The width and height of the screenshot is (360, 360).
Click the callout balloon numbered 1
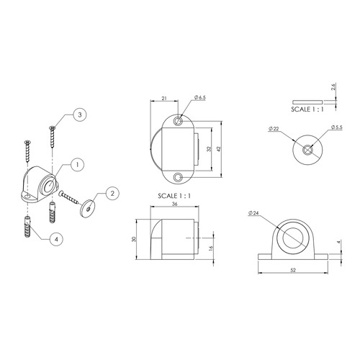tap(77, 165)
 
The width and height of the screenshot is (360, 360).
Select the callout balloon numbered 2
tap(112, 193)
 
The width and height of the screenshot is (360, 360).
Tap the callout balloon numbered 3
tap(80, 114)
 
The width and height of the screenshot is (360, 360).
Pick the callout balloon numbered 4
tap(56, 239)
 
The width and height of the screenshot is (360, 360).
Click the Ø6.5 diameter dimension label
tap(200, 97)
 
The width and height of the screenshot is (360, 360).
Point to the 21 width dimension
tap(164, 98)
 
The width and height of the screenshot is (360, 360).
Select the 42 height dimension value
tap(218, 149)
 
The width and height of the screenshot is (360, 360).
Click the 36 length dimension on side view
tap(175, 204)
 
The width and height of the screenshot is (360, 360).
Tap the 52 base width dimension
tap(293, 270)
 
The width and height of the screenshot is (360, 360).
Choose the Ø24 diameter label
tap(253, 213)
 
